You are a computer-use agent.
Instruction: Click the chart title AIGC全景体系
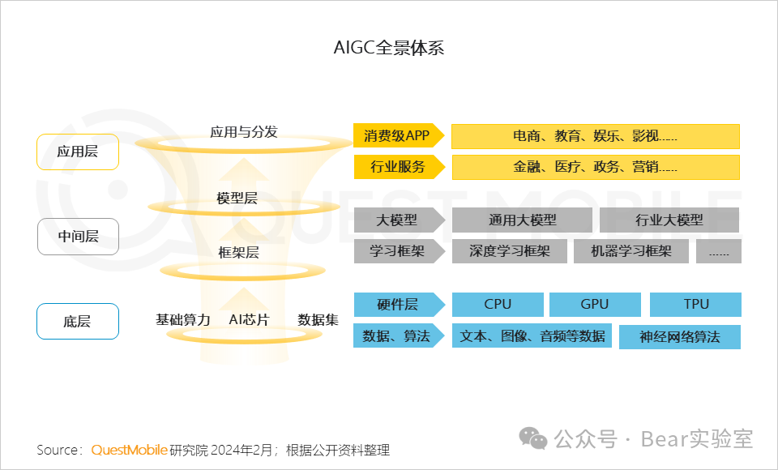pyautogui.click(x=389, y=47)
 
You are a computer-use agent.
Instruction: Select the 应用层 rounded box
pyautogui.click(x=78, y=152)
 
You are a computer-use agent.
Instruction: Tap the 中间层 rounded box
pyautogui.click(x=78, y=237)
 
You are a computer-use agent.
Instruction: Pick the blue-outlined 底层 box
pyautogui.click(x=78, y=321)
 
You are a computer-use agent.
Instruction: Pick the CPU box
pyautogui.click(x=498, y=304)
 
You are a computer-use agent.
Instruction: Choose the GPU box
pyautogui.click(x=595, y=304)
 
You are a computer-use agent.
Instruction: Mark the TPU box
pyautogui.click(x=695, y=304)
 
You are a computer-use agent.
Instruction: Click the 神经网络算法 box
pyautogui.click(x=679, y=336)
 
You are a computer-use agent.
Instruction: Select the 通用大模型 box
pyautogui.click(x=522, y=220)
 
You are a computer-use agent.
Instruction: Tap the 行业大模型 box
pyautogui.click(x=669, y=220)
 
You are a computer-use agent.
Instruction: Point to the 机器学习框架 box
pyautogui.click(x=631, y=251)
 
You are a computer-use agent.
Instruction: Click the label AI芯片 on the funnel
pyautogui.click(x=249, y=319)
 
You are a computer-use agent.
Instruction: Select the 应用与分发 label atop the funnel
pyautogui.click(x=243, y=131)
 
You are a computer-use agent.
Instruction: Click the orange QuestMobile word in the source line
pyautogui.click(x=130, y=450)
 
